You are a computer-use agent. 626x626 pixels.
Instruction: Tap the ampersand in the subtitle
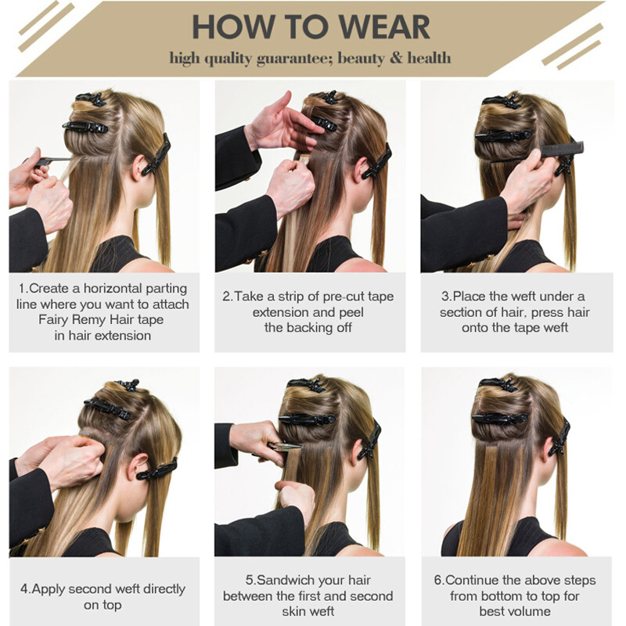(x=396, y=58)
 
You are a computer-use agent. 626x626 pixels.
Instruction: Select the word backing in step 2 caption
(x=311, y=328)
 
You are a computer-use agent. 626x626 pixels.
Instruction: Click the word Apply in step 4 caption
(x=49, y=589)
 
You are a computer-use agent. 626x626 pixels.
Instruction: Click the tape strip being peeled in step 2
(x=304, y=160)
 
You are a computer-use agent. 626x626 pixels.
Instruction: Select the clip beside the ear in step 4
(x=157, y=469)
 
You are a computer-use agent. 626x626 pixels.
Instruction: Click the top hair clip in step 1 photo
(x=92, y=99)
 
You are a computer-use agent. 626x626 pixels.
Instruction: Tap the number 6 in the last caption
(x=438, y=580)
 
